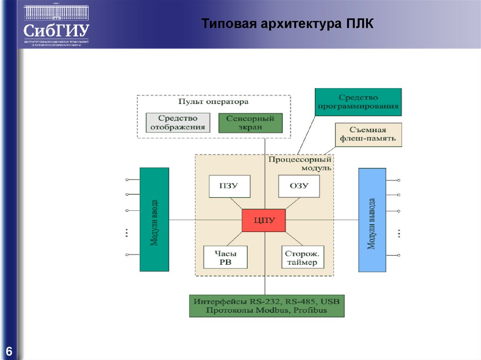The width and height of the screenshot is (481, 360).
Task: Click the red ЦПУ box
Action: [x=264, y=220]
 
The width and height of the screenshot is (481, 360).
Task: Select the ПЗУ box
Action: [x=230, y=186]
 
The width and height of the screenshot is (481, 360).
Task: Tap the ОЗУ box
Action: [x=299, y=186]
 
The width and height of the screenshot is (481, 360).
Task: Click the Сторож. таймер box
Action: [x=302, y=257]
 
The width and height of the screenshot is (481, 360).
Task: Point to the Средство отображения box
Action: [x=178, y=123]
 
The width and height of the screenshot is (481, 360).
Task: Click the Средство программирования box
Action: [x=358, y=102]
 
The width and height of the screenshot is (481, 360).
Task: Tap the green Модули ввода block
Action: [x=154, y=220]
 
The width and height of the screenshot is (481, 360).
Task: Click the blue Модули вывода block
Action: [x=372, y=220]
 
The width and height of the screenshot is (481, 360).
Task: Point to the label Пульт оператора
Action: [x=213, y=101]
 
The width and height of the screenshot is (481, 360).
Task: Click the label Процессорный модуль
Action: [x=300, y=163]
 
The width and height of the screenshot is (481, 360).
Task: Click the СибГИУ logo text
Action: [x=56, y=31]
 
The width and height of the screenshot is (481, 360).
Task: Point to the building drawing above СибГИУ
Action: [x=56, y=11]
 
